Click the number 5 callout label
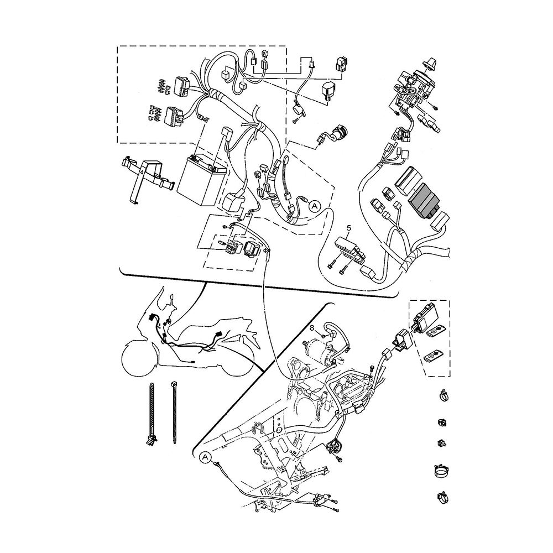pos(349,227)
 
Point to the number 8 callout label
pos(312,328)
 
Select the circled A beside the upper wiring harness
pos(314,206)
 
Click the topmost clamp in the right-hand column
pos(443,396)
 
